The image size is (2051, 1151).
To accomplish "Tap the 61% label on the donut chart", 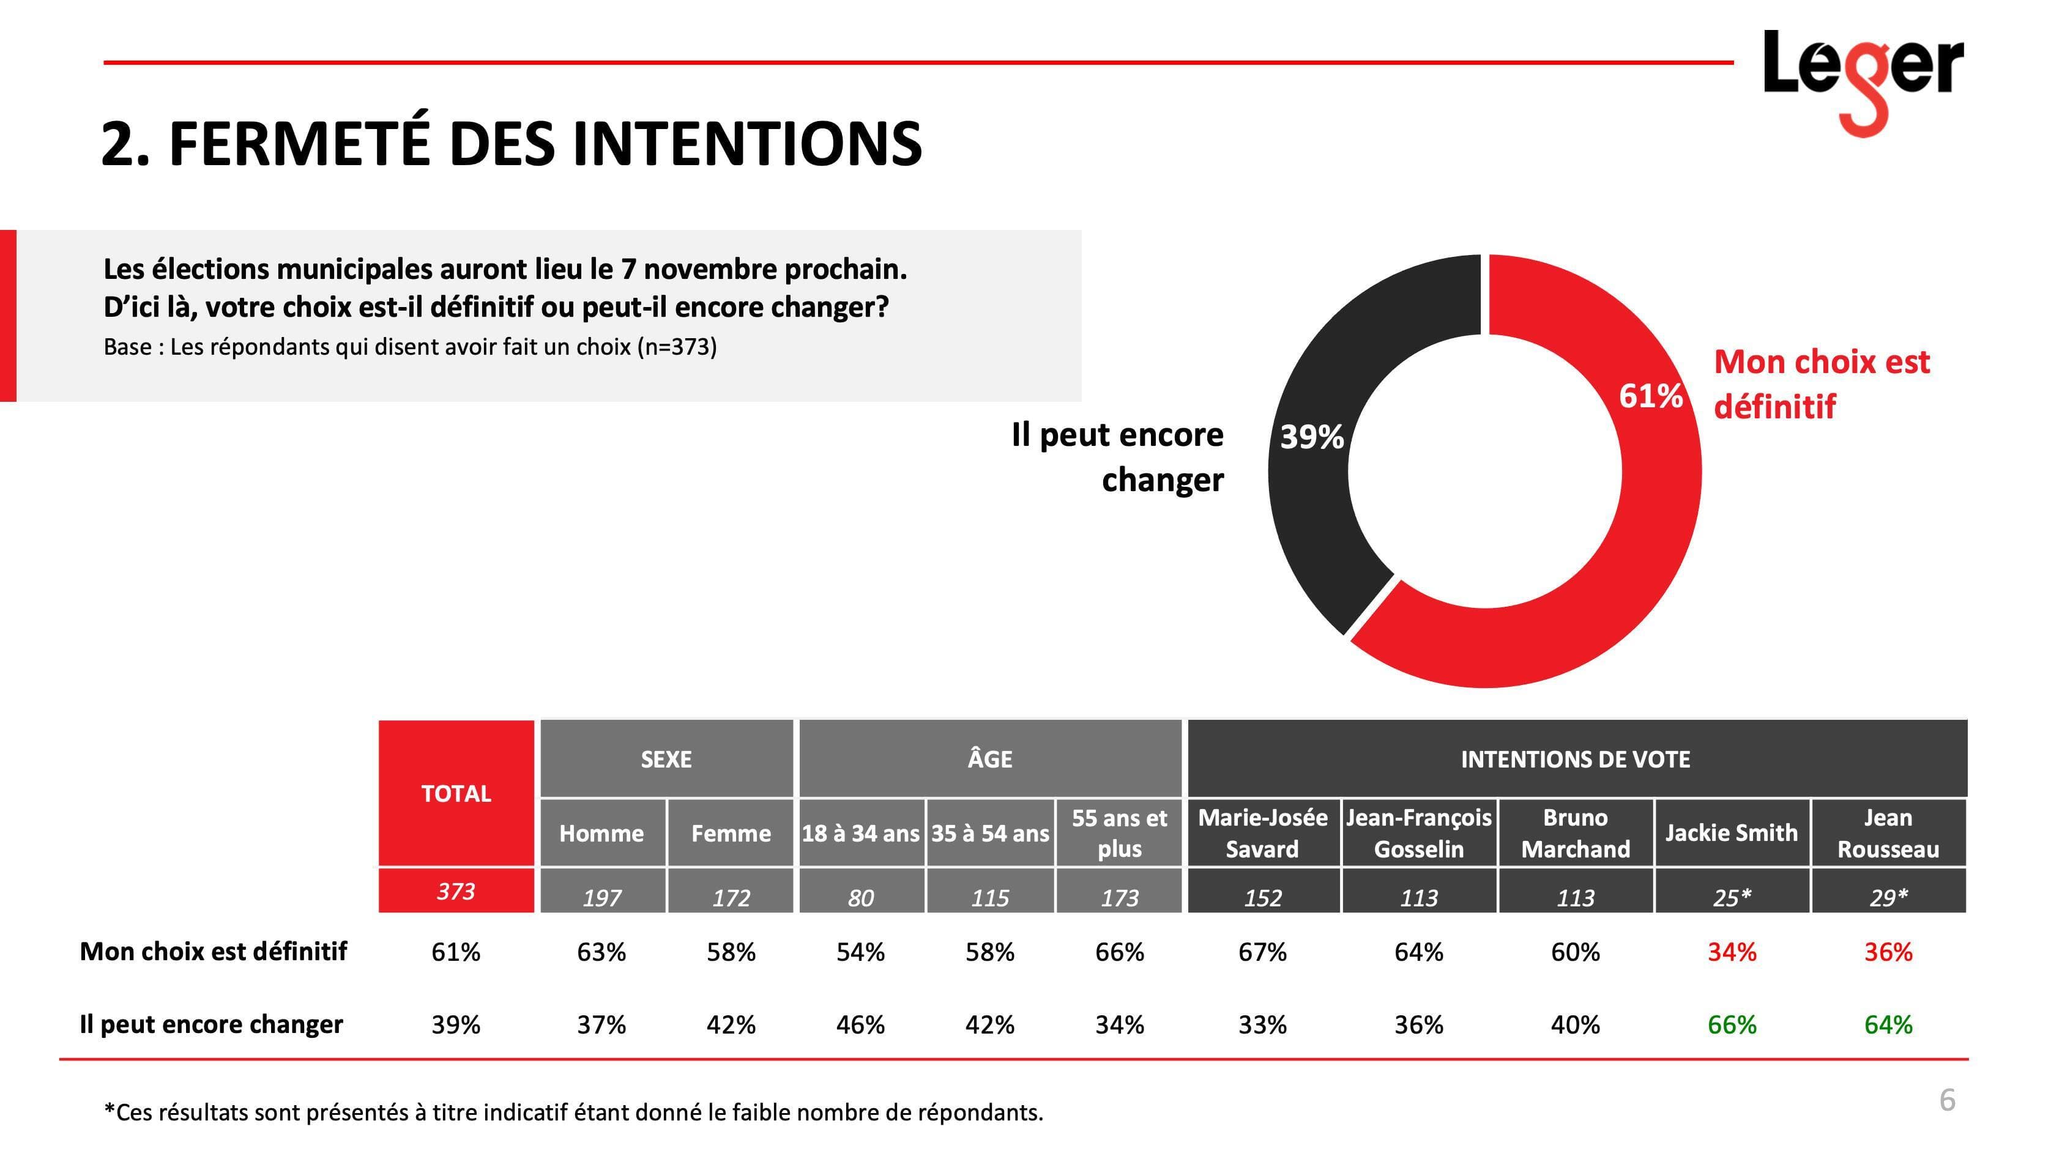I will (1650, 396).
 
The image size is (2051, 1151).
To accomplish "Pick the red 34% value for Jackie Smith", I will (1731, 952).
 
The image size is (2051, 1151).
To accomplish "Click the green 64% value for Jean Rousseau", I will (1888, 1024).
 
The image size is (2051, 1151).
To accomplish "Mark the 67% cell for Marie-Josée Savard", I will (1262, 952).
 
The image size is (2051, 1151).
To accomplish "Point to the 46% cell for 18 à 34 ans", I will (860, 1024).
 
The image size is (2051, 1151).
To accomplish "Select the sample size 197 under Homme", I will (601, 898).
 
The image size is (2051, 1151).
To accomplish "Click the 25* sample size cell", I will (1731, 898).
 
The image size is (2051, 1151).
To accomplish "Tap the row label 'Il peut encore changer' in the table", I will (211, 1024).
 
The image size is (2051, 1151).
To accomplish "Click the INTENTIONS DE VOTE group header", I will (1575, 760).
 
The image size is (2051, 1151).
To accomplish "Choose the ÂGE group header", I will (989, 760).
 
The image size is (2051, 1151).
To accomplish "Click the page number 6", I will (1947, 1100).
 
